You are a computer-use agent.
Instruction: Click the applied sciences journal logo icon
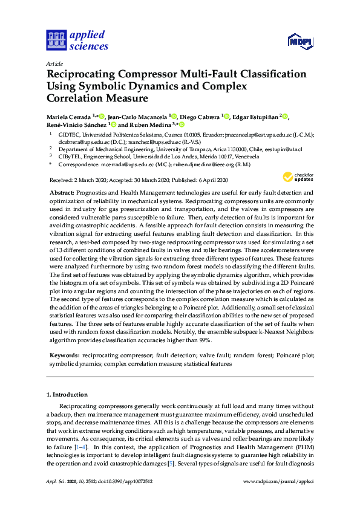[57, 40]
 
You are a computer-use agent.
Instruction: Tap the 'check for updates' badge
[296, 177]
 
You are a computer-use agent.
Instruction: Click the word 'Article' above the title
[54, 63]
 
